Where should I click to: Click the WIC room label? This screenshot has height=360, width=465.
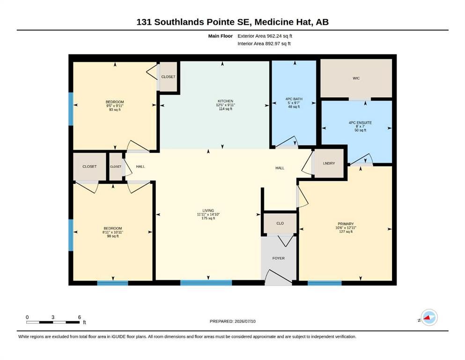click(356, 78)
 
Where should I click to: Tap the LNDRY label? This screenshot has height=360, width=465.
click(329, 163)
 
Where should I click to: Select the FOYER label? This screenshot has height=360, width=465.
click(279, 258)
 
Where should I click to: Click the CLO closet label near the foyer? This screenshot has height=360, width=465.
click(280, 223)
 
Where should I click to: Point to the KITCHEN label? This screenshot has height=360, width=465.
click(225, 101)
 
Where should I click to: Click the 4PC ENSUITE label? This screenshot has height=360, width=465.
click(360, 122)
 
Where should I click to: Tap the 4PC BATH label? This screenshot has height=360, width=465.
click(294, 99)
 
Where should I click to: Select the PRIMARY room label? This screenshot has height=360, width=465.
click(346, 224)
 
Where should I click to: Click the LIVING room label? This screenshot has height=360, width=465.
click(208, 211)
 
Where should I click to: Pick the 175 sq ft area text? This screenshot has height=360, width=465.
click(208, 218)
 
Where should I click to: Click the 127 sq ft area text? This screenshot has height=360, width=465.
click(346, 232)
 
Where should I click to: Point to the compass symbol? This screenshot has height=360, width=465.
click(429, 317)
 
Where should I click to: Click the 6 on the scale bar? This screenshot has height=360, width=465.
click(80, 317)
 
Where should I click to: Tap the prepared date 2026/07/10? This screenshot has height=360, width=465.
click(245, 321)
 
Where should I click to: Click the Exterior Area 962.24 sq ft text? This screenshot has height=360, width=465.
click(265, 36)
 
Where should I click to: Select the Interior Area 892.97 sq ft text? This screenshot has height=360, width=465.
click(264, 44)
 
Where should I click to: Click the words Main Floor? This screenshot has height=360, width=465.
click(221, 36)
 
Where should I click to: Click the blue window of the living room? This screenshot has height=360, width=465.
click(206, 283)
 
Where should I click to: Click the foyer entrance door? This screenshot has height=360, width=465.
click(278, 278)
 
